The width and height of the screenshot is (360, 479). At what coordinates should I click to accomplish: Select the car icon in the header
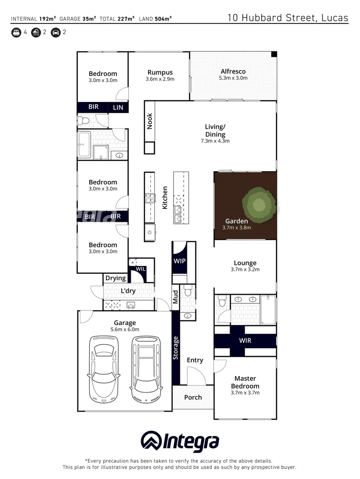tap(55, 32)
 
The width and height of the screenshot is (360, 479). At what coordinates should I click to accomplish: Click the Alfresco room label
tap(233, 71)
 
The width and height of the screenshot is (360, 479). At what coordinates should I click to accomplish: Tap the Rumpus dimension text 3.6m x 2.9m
tap(160, 79)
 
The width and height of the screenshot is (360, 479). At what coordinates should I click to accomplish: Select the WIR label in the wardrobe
tap(245, 341)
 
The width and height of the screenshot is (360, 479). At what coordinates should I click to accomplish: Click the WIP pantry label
tap(179, 261)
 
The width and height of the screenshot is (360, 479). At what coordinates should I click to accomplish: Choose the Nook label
tap(150, 122)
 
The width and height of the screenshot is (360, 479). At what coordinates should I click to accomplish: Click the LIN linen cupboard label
tap(118, 107)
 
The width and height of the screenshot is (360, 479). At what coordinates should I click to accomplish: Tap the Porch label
tap(193, 397)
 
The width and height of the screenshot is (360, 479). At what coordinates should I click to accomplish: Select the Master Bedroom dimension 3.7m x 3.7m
tap(245, 393)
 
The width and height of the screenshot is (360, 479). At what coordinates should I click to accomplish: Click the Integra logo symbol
tap(150, 441)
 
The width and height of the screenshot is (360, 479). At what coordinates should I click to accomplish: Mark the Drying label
tap(115, 279)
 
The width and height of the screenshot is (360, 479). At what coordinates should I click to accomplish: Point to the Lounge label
tap(245, 263)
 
